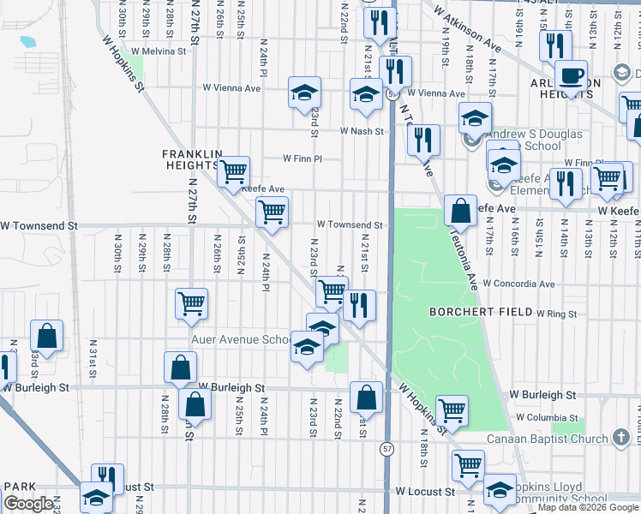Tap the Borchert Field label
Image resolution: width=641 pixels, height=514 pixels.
click(x=474, y=312)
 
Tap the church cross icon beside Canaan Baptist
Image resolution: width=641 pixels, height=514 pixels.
click(x=623, y=438)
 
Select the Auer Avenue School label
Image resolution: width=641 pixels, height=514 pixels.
click(x=243, y=339)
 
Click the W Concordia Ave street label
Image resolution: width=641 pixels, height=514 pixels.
click(x=518, y=284)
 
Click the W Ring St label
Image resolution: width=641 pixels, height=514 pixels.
click(x=556, y=314)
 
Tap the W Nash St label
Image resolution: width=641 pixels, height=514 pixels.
click(x=361, y=131)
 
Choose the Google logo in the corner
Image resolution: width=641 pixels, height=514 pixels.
click(x=28, y=504)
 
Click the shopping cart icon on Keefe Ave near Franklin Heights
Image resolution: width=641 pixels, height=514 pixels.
click(x=233, y=172)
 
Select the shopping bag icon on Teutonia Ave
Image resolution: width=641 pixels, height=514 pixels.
click(x=460, y=209)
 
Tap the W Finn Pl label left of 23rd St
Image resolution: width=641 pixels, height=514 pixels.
click(x=303, y=158)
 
